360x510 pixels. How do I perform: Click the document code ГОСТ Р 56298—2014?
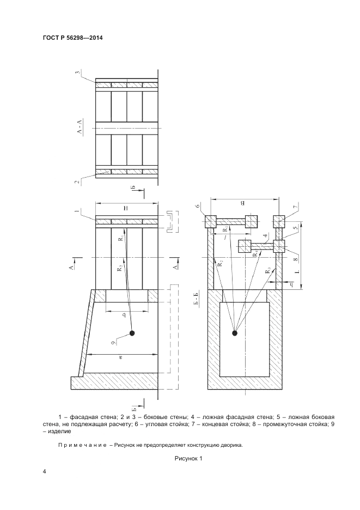coord(72,38)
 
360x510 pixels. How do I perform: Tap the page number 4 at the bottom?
coord(44,472)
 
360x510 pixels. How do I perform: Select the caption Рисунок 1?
coord(188,459)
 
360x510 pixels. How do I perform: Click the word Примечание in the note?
coord(82,445)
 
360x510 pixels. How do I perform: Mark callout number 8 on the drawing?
coord(295,260)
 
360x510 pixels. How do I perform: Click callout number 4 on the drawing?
coord(266,236)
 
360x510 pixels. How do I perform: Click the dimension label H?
coord(126,209)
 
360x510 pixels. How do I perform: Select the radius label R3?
coord(267,270)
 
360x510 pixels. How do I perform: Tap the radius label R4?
coord(255,252)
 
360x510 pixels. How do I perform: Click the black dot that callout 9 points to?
coord(132,333)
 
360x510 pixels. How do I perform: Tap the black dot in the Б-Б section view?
coord(235,333)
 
